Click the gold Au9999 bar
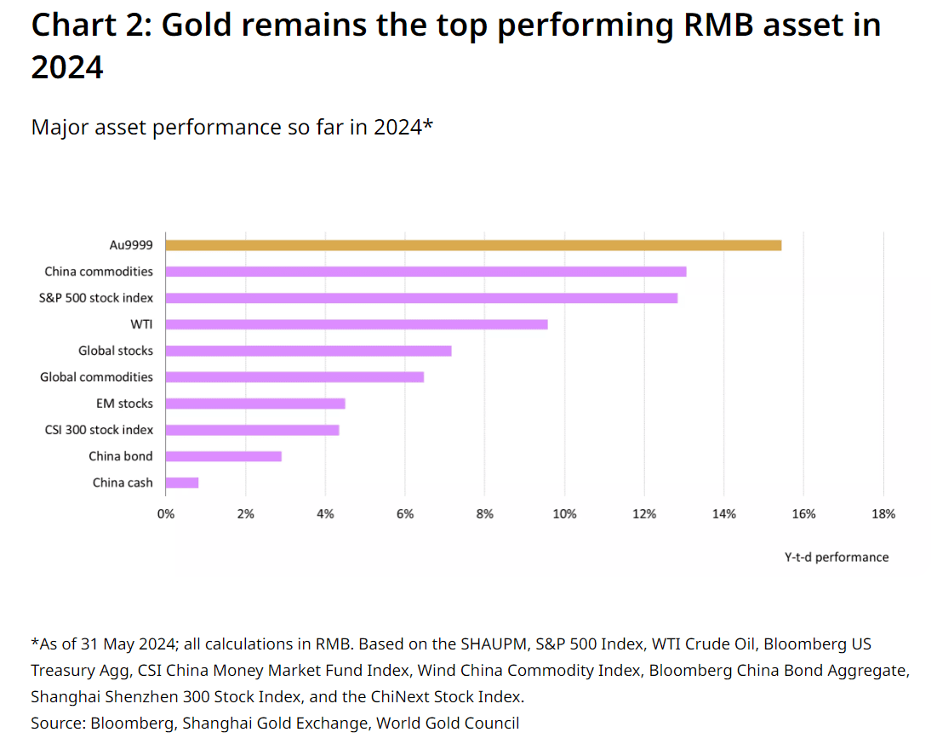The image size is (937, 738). pyautogui.click(x=473, y=245)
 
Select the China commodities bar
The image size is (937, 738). pyautogui.click(x=426, y=272)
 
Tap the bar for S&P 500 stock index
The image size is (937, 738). pyautogui.click(x=422, y=298)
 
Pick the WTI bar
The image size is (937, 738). pyautogui.click(x=357, y=323)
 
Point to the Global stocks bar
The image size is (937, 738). pyautogui.click(x=308, y=351)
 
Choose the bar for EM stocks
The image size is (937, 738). pyautogui.click(x=256, y=403)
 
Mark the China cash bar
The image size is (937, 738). pyautogui.click(x=182, y=483)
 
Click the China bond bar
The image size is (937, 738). pyautogui.click(x=224, y=456)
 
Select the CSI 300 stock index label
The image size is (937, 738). pyautogui.click(x=99, y=430)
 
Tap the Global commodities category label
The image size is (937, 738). pyautogui.click(x=96, y=377)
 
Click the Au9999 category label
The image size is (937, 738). pyautogui.click(x=131, y=245)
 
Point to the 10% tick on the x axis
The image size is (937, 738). pyautogui.click(x=565, y=514)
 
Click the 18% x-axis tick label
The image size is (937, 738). pyautogui.click(x=884, y=514)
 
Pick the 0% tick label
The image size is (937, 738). pyautogui.click(x=166, y=514)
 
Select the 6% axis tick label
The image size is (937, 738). pyautogui.click(x=405, y=514)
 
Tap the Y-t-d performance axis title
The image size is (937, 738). pyautogui.click(x=837, y=557)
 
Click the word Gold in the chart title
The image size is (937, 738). pyautogui.click(x=196, y=26)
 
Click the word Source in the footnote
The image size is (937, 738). pyautogui.click(x=58, y=723)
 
